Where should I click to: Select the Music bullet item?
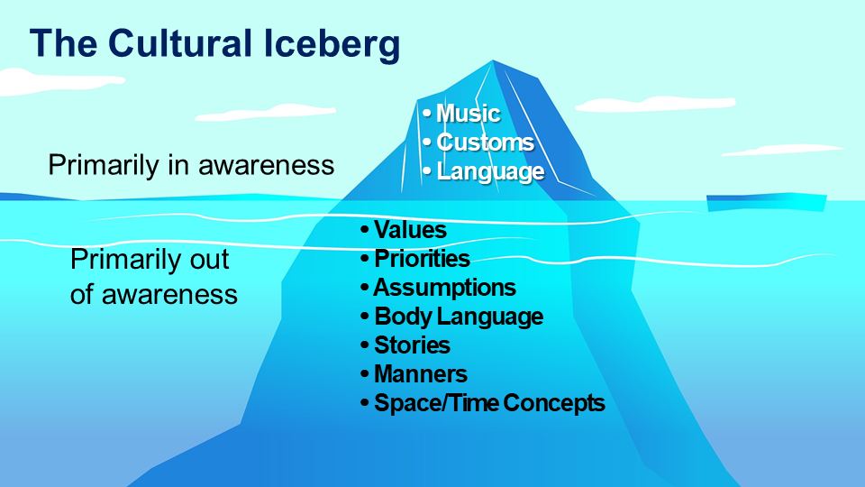click(x=468, y=114)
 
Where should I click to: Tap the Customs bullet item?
click(x=485, y=142)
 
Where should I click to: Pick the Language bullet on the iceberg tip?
click(x=490, y=171)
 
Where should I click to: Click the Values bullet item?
click(x=410, y=230)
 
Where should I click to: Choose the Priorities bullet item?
click(x=422, y=259)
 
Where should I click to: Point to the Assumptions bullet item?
click(x=444, y=288)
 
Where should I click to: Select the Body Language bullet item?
click(x=459, y=317)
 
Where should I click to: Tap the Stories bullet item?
click(x=412, y=345)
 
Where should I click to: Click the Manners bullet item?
click(x=420, y=373)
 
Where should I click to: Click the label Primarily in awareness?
click(x=191, y=166)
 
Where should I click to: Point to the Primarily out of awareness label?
click(x=153, y=277)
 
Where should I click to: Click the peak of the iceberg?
click(x=494, y=63)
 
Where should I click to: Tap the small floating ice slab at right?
click(x=766, y=202)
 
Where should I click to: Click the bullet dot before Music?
click(x=426, y=114)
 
